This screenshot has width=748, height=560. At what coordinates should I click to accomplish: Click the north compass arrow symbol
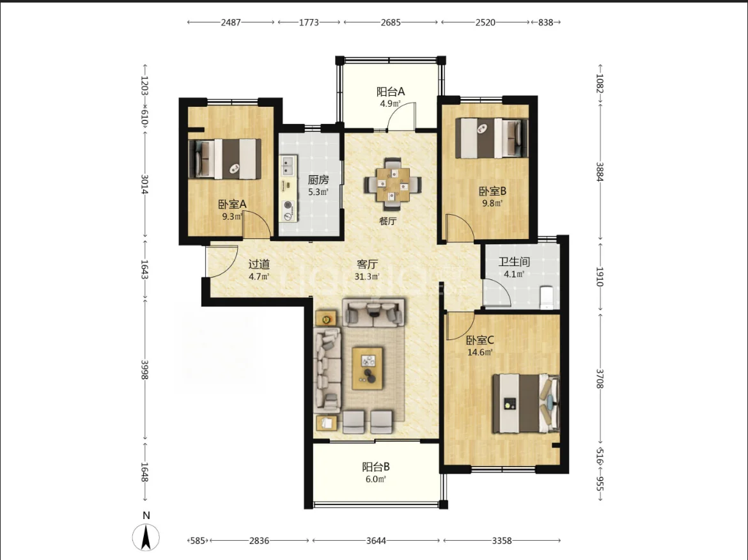coord(146,537)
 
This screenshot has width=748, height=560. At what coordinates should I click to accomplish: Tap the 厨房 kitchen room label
coord(318,180)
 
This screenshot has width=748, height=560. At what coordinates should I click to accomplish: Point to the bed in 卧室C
coord(526,403)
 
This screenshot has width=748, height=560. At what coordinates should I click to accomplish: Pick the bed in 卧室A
coord(224,159)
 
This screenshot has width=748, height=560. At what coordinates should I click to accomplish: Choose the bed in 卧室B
coord(492,138)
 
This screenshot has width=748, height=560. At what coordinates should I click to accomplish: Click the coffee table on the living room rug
coord(368,368)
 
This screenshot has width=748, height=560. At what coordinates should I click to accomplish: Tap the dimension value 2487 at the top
coord(230,22)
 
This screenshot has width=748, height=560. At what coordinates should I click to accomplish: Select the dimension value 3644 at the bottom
coord(376,540)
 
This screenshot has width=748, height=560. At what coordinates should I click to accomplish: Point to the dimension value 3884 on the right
coord(600,172)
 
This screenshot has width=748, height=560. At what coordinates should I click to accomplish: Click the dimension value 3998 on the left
coord(144,369)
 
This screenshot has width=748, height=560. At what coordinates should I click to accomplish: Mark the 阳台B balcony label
coord(376,467)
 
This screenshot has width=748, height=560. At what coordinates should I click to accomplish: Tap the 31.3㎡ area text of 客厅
coord(367,277)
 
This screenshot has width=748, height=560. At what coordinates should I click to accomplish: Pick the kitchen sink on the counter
coord(288,165)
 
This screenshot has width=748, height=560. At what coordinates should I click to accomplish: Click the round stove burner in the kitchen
coord(288,205)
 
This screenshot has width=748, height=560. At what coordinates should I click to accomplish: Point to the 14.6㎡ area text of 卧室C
coord(480,352)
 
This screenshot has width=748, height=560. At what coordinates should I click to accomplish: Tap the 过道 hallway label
coord(259,264)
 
